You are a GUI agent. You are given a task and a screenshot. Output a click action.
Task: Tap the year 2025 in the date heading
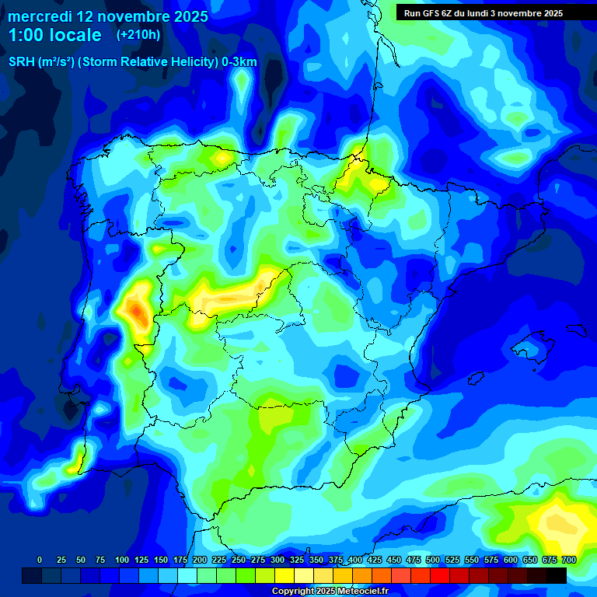187,16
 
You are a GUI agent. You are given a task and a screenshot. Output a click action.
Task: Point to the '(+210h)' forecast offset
138,35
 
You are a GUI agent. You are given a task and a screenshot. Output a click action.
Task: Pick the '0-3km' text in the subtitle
239,62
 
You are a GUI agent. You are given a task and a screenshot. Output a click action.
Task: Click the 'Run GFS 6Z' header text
430,12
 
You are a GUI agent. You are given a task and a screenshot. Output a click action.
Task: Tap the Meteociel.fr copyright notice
330,592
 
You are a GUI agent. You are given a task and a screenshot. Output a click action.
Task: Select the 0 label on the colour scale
40,560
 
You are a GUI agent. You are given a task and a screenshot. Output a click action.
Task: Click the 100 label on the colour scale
121,560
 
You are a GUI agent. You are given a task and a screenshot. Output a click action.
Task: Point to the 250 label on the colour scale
238,560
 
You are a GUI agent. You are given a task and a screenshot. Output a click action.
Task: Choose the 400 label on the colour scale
354,560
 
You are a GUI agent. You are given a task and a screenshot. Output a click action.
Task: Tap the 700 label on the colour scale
568,560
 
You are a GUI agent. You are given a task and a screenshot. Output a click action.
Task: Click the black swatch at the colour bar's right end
557,575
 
